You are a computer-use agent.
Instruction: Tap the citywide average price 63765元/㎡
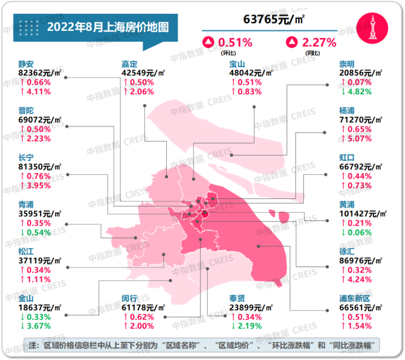pos(272,20)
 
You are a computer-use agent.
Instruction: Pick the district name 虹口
pos(347,158)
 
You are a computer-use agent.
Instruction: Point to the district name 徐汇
pos(347,251)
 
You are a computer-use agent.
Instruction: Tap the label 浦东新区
pos(356,297)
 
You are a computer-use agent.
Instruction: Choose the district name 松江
pos(27,251)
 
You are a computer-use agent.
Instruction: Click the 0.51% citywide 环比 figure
pos(235,43)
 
